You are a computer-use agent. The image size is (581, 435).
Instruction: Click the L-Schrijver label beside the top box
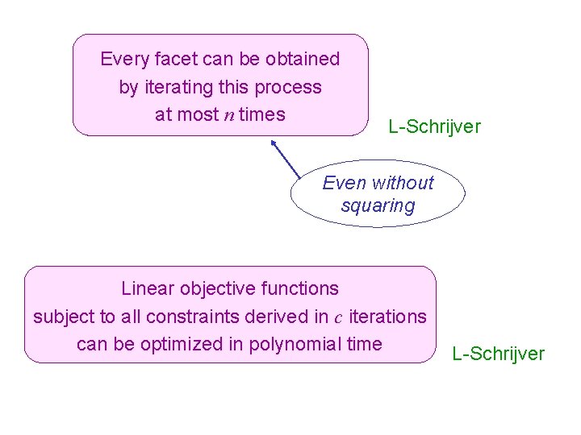[434, 126]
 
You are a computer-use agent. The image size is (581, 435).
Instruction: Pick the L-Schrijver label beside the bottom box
[499, 354]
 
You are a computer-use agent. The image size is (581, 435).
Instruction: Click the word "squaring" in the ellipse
[378, 206]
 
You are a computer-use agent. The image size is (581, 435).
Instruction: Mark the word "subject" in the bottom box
[61, 317]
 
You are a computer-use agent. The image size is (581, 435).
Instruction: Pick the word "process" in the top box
[291, 87]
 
